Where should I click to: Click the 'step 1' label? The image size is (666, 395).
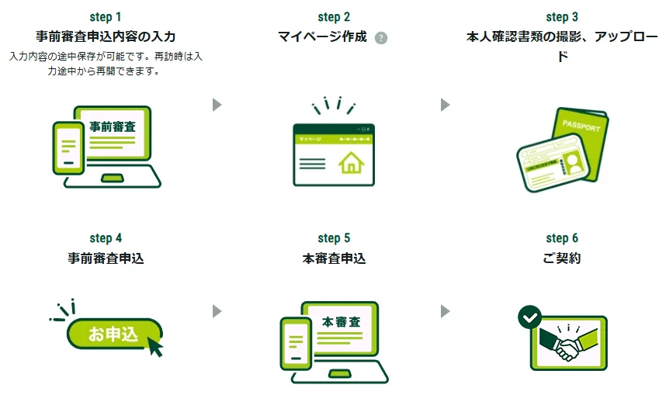click(x=106, y=16)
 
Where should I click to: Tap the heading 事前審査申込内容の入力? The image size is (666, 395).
click(x=106, y=36)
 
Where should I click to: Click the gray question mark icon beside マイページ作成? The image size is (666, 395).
click(x=381, y=38)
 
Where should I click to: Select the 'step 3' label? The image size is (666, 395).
click(x=562, y=16)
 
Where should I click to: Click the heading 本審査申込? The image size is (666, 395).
click(x=334, y=258)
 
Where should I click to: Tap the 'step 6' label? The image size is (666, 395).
click(x=562, y=238)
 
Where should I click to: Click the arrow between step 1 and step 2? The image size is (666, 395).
click(x=217, y=104)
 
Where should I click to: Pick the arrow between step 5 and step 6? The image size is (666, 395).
click(x=446, y=311)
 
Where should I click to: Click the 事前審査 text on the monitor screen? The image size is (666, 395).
click(x=113, y=126)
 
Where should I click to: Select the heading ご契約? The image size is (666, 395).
click(x=562, y=258)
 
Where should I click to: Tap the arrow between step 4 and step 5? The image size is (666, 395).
click(x=217, y=311)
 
